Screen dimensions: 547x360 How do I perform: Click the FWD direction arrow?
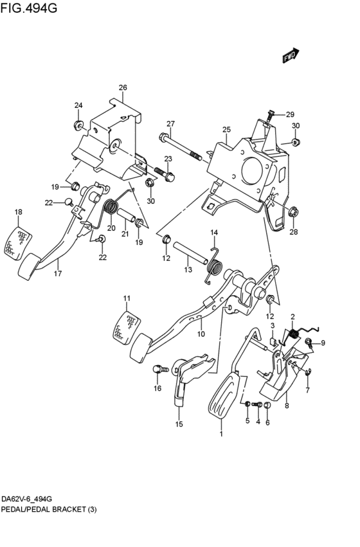(291, 57)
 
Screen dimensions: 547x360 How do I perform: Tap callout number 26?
(123, 87)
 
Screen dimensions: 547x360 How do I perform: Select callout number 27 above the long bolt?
(170, 124)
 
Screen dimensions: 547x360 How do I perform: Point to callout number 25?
(226, 130)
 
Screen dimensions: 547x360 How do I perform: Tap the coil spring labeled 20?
(111, 208)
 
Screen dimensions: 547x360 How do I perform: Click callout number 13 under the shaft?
(188, 271)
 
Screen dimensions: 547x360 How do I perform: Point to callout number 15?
(179, 424)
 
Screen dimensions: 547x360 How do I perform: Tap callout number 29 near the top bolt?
(290, 114)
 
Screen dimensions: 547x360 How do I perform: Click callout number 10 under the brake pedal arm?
(201, 334)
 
